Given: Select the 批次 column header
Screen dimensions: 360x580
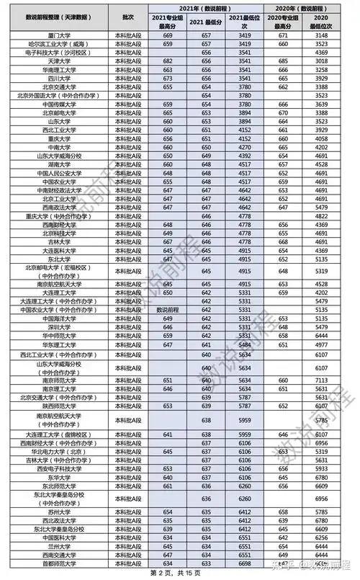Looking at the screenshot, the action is click(128, 15).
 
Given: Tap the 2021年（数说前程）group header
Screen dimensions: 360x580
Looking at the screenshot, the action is click(204, 6).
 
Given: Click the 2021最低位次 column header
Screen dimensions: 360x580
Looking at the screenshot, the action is click(244, 19).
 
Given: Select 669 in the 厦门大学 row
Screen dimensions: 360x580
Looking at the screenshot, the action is click(168, 35).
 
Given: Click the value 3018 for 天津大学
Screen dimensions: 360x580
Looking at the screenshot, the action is click(322, 61).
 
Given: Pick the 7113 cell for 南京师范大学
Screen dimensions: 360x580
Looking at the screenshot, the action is click(322, 380).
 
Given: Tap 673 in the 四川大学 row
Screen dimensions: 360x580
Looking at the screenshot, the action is click(168, 79).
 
